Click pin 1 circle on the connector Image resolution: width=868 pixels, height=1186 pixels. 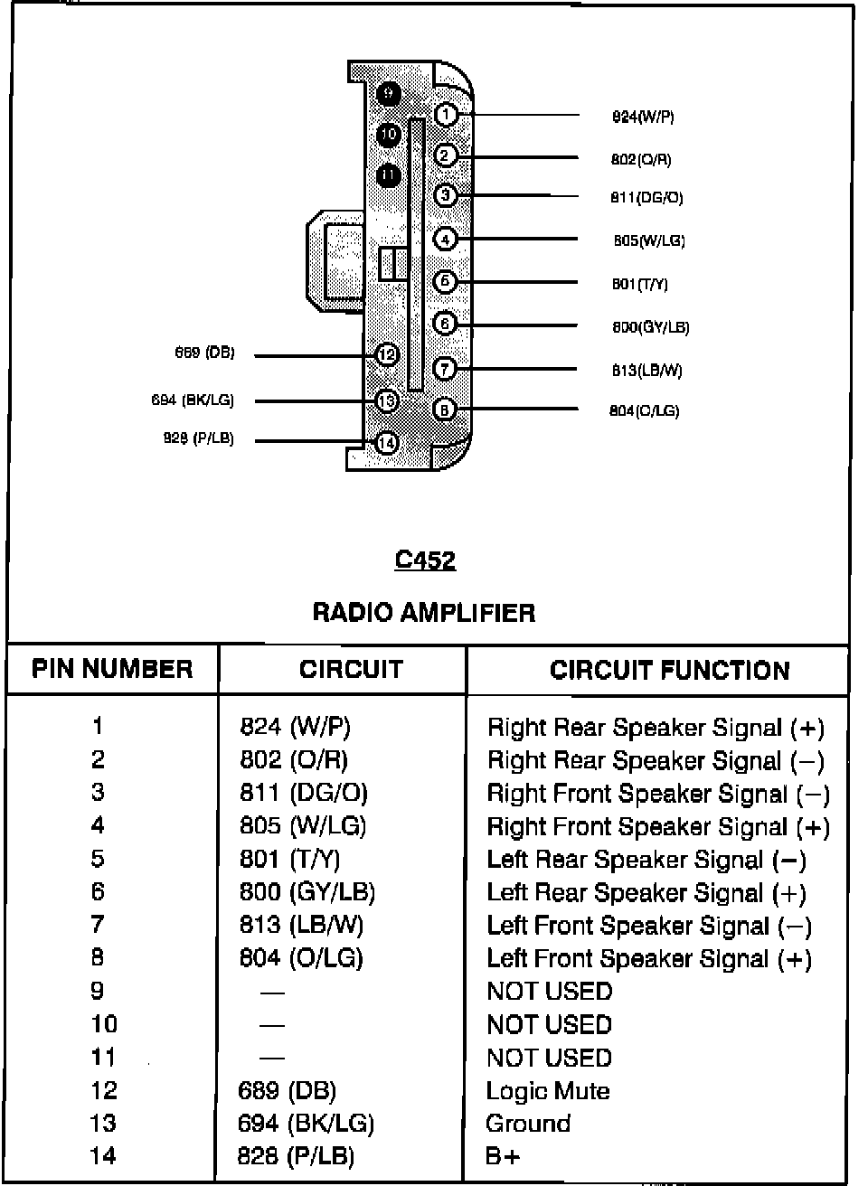click(x=446, y=115)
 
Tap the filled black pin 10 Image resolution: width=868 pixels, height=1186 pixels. click(x=389, y=135)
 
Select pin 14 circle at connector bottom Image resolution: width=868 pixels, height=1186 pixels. click(x=387, y=443)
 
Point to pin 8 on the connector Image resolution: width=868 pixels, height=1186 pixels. click(x=444, y=409)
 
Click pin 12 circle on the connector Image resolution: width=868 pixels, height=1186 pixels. click(x=387, y=355)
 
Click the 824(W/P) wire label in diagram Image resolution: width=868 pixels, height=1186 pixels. click(x=642, y=117)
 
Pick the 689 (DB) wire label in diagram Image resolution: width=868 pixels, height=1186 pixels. click(x=204, y=353)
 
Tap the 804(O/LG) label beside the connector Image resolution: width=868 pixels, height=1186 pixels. click(x=644, y=410)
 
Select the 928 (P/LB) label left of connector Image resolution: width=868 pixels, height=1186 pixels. click(x=198, y=438)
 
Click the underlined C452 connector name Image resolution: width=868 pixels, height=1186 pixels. click(x=425, y=560)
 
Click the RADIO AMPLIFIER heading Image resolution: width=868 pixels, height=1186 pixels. click(x=423, y=613)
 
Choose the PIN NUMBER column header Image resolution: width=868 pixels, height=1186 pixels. click(x=112, y=669)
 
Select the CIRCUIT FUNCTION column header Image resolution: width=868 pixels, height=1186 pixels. click(x=669, y=670)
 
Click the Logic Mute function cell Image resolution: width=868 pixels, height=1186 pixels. click(x=547, y=1091)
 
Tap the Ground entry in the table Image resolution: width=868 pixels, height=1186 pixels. click(x=528, y=1124)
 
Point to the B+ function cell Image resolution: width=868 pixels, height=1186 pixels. click(x=503, y=1156)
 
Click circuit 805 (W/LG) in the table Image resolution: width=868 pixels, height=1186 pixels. click(x=303, y=825)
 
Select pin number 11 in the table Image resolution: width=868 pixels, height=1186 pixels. click(x=103, y=1058)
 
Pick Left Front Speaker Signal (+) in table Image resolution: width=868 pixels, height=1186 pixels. click(x=648, y=958)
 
